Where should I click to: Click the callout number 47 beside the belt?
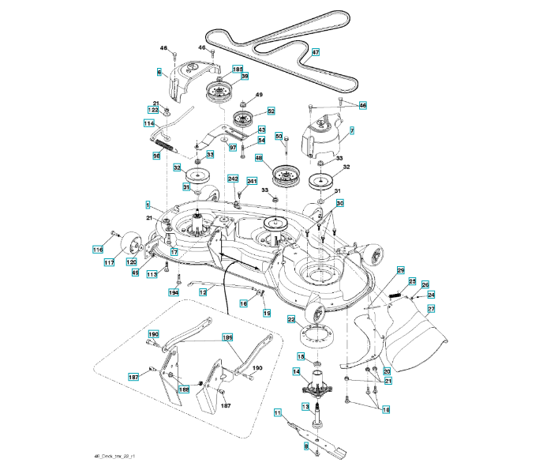click(315, 53)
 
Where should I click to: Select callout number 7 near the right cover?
click(351, 129)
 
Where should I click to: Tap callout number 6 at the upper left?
click(159, 72)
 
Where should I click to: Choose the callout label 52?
click(271, 111)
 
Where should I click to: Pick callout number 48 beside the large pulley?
click(258, 158)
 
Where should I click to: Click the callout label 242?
click(233, 179)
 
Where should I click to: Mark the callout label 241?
click(252, 182)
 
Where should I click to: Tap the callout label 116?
click(98, 250)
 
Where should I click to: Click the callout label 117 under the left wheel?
click(109, 263)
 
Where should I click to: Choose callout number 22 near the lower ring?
click(290, 320)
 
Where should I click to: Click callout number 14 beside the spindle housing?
click(297, 371)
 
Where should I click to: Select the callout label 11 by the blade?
click(278, 412)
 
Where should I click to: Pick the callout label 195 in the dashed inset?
click(227, 337)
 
